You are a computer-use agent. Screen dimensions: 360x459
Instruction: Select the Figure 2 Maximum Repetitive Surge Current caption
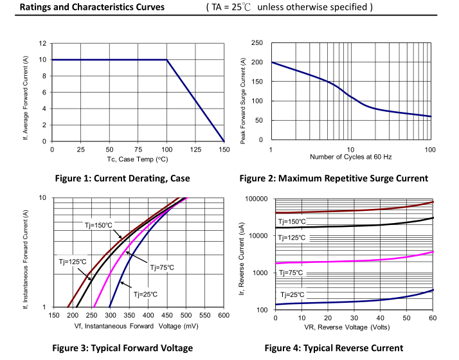[x=334, y=178]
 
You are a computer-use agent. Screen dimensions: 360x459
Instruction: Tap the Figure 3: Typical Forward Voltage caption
[x=123, y=348]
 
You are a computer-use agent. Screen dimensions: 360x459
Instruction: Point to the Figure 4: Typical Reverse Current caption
[x=334, y=348]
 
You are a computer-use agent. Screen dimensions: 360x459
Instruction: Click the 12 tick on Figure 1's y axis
[x=42, y=43]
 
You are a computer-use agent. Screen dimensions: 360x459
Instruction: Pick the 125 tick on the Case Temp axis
[x=195, y=149]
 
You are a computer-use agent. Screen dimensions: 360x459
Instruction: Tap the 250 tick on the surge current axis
[x=257, y=42]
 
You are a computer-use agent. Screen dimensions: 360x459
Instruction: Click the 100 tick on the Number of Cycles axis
[x=430, y=149]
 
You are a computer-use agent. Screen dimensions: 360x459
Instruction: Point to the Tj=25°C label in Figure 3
[x=145, y=294]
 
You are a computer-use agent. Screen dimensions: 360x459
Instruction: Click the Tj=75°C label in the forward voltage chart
[x=162, y=267]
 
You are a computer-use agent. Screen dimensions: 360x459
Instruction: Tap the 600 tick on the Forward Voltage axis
[x=223, y=316]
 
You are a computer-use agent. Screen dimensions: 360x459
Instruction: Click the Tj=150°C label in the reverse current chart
[x=292, y=222]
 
